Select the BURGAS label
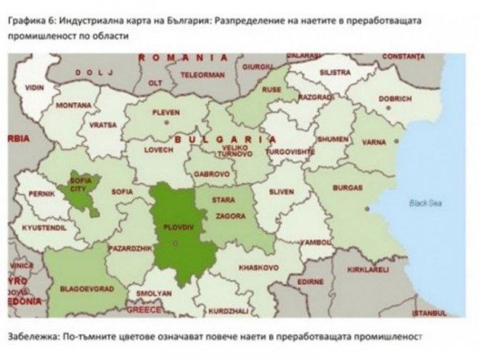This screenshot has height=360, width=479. pyautogui.click(x=348, y=187)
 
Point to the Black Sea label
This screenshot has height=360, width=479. pyautogui.click(x=425, y=203)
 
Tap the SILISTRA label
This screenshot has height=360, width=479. pyautogui.click(x=335, y=73)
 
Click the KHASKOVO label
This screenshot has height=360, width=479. pyautogui.click(x=258, y=268)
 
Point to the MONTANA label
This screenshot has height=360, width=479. pyautogui.click(x=74, y=105)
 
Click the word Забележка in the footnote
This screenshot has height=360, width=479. pyautogui.click(x=34, y=337)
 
